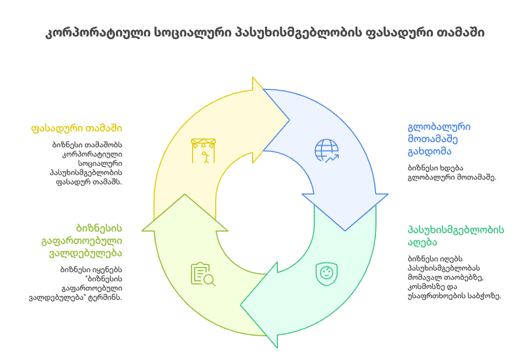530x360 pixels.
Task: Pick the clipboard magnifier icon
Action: point(203,274)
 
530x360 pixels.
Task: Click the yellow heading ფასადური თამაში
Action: point(77,128)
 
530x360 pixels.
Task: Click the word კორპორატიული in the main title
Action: point(96,33)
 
